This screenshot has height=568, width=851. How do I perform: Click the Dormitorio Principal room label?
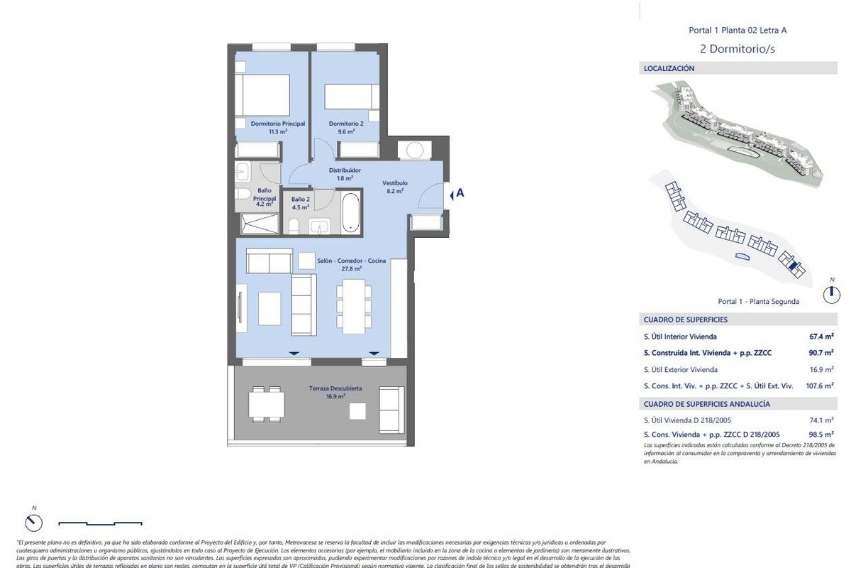[278, 124]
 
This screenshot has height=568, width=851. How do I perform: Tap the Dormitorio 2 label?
[346, 124]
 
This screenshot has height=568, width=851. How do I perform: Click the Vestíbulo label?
[395, 182]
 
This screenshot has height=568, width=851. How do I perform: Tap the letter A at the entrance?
[460, 192]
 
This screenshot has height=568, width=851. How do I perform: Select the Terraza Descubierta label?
[335, 388]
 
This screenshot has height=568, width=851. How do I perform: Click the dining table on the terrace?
[267, 404]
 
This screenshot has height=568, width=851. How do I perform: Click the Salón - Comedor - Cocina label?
[352, 261]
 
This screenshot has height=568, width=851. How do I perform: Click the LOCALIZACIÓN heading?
[669, 69]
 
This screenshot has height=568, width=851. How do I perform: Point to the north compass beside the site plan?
[832, 293]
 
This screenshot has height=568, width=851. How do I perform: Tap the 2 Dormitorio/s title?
[738, 49]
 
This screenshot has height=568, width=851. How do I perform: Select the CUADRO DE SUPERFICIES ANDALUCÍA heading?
[706, 404]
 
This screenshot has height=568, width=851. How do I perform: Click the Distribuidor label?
[345, 170]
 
